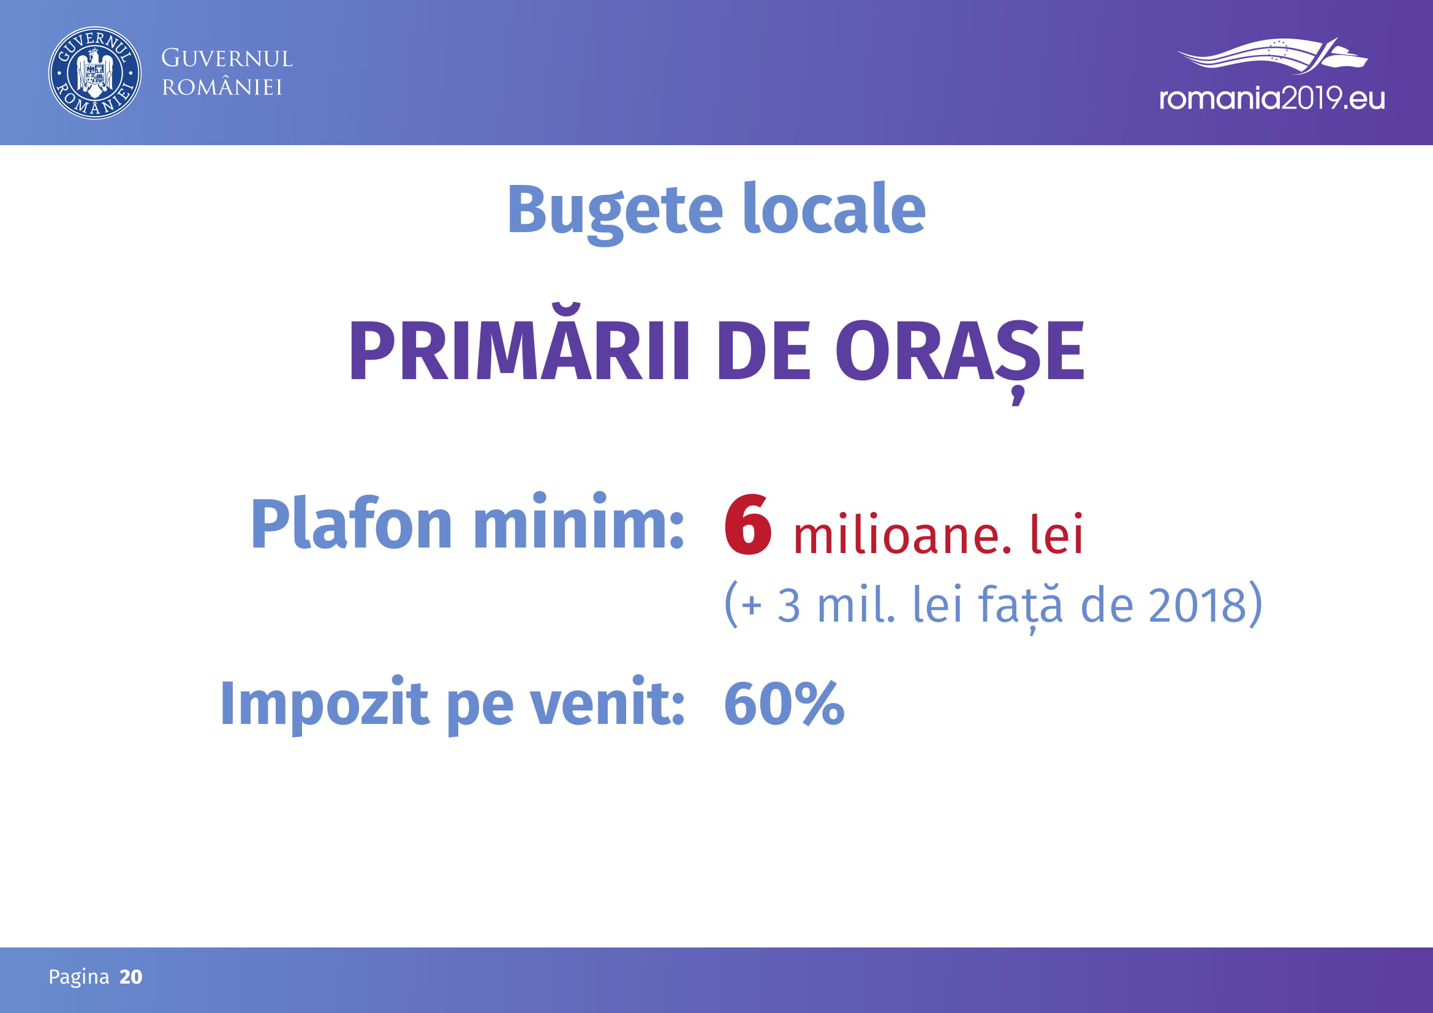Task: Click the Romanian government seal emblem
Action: click(95, 73)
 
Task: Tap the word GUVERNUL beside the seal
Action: click(227, 59)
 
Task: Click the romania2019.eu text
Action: click(1272, 99)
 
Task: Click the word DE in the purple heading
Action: click(764, 350)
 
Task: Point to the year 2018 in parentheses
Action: click(1198, 604)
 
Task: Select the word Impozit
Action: click(325, 705)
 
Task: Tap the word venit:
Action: click(607, 704)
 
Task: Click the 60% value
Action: click(784, 704)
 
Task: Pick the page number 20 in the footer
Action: click(131, 976)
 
